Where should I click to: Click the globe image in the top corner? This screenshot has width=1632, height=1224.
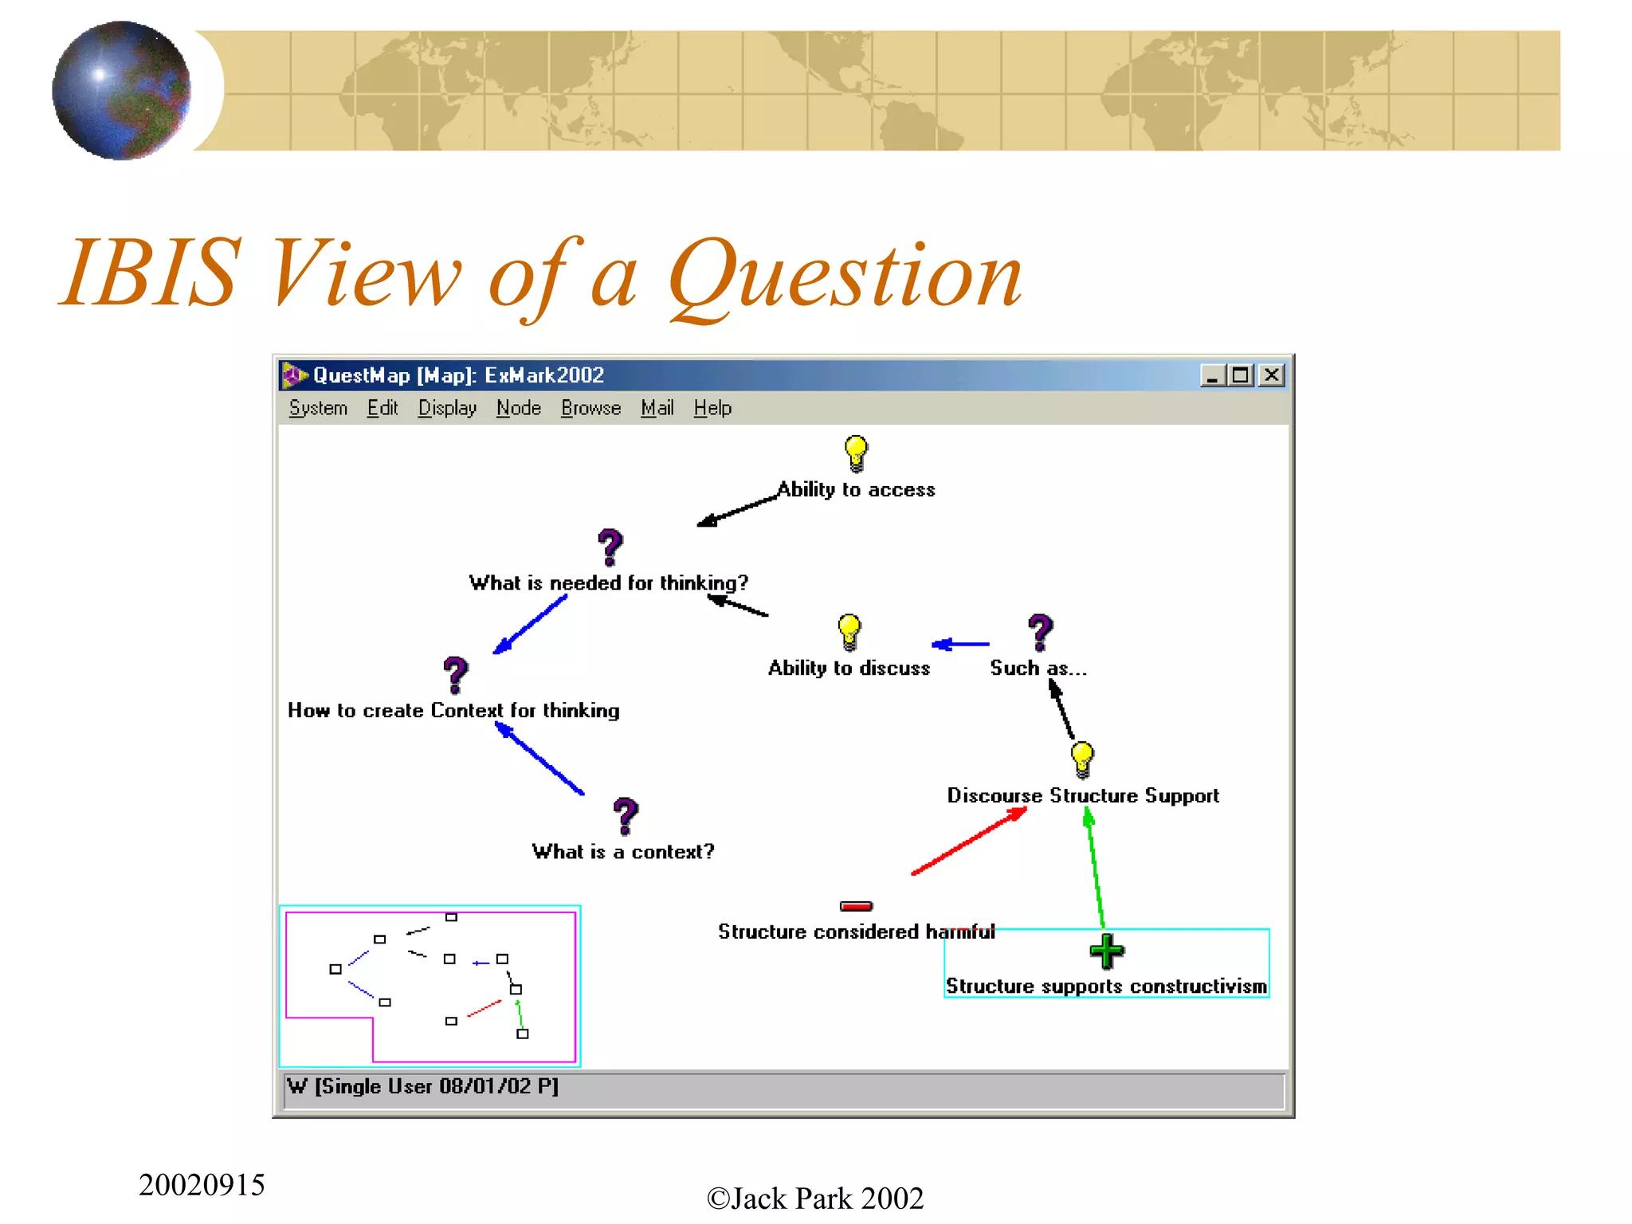121,90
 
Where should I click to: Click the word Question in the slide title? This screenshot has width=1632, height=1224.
845,275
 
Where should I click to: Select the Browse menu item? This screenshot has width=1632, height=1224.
590,408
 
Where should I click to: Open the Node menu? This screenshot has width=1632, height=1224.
518,408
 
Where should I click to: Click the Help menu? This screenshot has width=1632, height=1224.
712,408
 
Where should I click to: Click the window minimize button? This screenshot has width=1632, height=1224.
1212,375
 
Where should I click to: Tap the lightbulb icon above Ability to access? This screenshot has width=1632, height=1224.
856,453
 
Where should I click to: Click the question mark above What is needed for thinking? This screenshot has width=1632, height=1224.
610,547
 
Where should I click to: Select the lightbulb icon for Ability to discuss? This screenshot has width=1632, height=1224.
849,632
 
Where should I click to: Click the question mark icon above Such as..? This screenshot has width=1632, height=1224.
1040,632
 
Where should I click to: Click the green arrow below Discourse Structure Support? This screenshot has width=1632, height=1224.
1095,869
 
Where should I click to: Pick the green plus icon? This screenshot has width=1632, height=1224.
1106,951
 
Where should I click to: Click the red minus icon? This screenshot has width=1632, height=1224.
856,906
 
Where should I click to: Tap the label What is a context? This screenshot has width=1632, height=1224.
623,852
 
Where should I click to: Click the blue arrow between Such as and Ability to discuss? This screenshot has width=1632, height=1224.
961,644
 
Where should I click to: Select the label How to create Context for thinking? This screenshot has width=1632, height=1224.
453,711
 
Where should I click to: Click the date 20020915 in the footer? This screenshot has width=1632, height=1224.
202,1185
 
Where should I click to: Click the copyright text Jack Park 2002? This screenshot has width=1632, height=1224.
815,1198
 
